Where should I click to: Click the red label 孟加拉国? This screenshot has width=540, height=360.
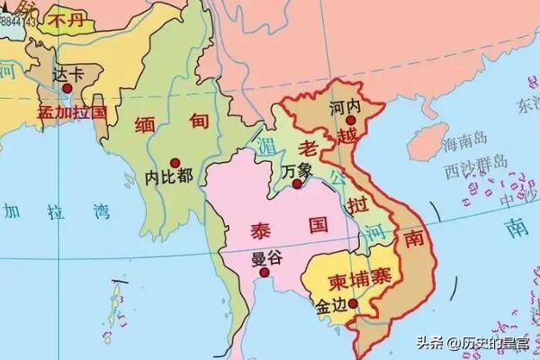coord(72,112)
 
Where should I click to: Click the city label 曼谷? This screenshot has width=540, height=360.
coord(267,257)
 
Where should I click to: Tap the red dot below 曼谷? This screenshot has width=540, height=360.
coord(265,273)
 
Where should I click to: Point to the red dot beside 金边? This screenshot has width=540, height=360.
coord(354,303)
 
